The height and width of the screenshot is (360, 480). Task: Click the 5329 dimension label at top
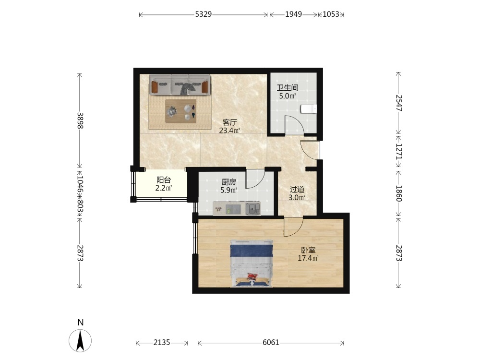coord(204,14)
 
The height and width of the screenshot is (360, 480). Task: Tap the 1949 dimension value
coord(294,14)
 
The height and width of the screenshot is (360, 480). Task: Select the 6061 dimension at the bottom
coord(271,342)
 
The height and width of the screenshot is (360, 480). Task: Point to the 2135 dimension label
coord(162,342)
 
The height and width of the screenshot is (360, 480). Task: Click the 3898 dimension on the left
coord(80,120)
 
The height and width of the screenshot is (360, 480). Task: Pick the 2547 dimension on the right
coord(399,103)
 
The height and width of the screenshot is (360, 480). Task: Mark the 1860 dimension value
coord(399,193)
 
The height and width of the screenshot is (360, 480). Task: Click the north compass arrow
coord(80,340)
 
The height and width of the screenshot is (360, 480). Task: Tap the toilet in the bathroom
coord(309,109)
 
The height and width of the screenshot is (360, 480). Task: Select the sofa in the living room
coord(180,84)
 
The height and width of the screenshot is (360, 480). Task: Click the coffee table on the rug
coord(180,111)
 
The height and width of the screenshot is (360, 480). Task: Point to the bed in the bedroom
coord(252,264)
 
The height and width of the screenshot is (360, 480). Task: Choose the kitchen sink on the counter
coord(253,208)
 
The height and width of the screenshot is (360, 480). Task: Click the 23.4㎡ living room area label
coord(229,131)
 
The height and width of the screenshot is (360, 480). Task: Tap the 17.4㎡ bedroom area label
coord(308,258)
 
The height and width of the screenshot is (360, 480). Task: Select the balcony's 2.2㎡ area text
coord(164,188)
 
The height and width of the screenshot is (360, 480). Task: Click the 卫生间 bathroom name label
coord(288,88)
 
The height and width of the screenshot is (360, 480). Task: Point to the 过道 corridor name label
coord(297,190)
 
